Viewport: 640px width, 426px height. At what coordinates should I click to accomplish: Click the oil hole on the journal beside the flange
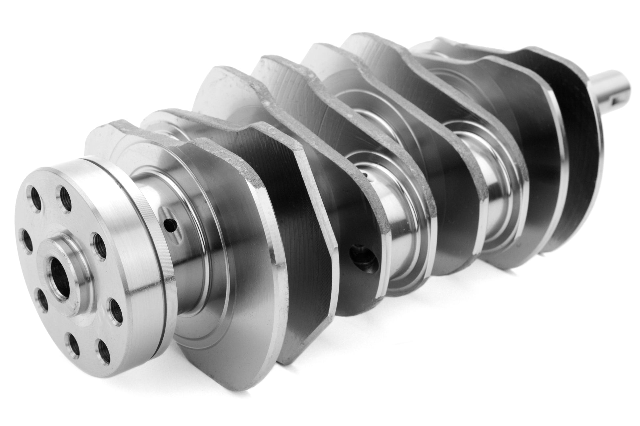[x=171, y=225]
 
